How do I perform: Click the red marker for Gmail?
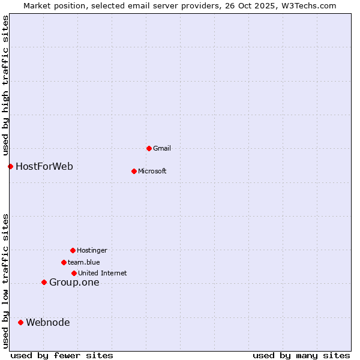point(149,148)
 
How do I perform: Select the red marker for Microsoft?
point(134,171)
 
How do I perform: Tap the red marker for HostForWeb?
point(10,166)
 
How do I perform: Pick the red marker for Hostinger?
point(73,250)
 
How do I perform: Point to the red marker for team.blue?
point(64,262)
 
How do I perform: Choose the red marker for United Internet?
point(74,273)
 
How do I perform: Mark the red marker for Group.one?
point(44,282)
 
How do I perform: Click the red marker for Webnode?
point(20,322)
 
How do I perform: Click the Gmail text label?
point(162,148)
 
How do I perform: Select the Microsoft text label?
point(152,171)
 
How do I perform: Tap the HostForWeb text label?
point(44,166)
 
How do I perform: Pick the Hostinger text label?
point(92,250)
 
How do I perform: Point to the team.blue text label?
point(84,262)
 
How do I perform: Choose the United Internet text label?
point(103,273)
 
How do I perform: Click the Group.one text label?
point(74,283)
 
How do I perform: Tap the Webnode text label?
point(48,323)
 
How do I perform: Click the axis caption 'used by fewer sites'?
point(62,355)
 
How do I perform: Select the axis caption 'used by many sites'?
point(301,355)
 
